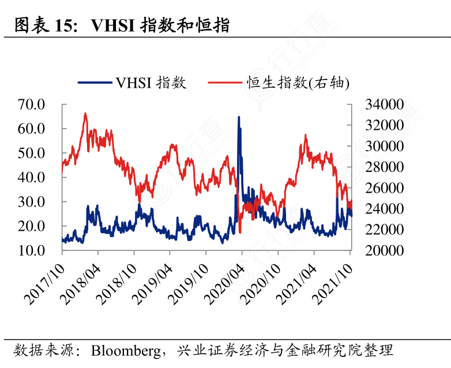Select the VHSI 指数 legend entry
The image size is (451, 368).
[132, 82]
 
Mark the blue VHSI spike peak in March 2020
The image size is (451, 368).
[239, 117]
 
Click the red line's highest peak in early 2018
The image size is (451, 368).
[85, 114]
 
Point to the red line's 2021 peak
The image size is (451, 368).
[305, 136]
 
